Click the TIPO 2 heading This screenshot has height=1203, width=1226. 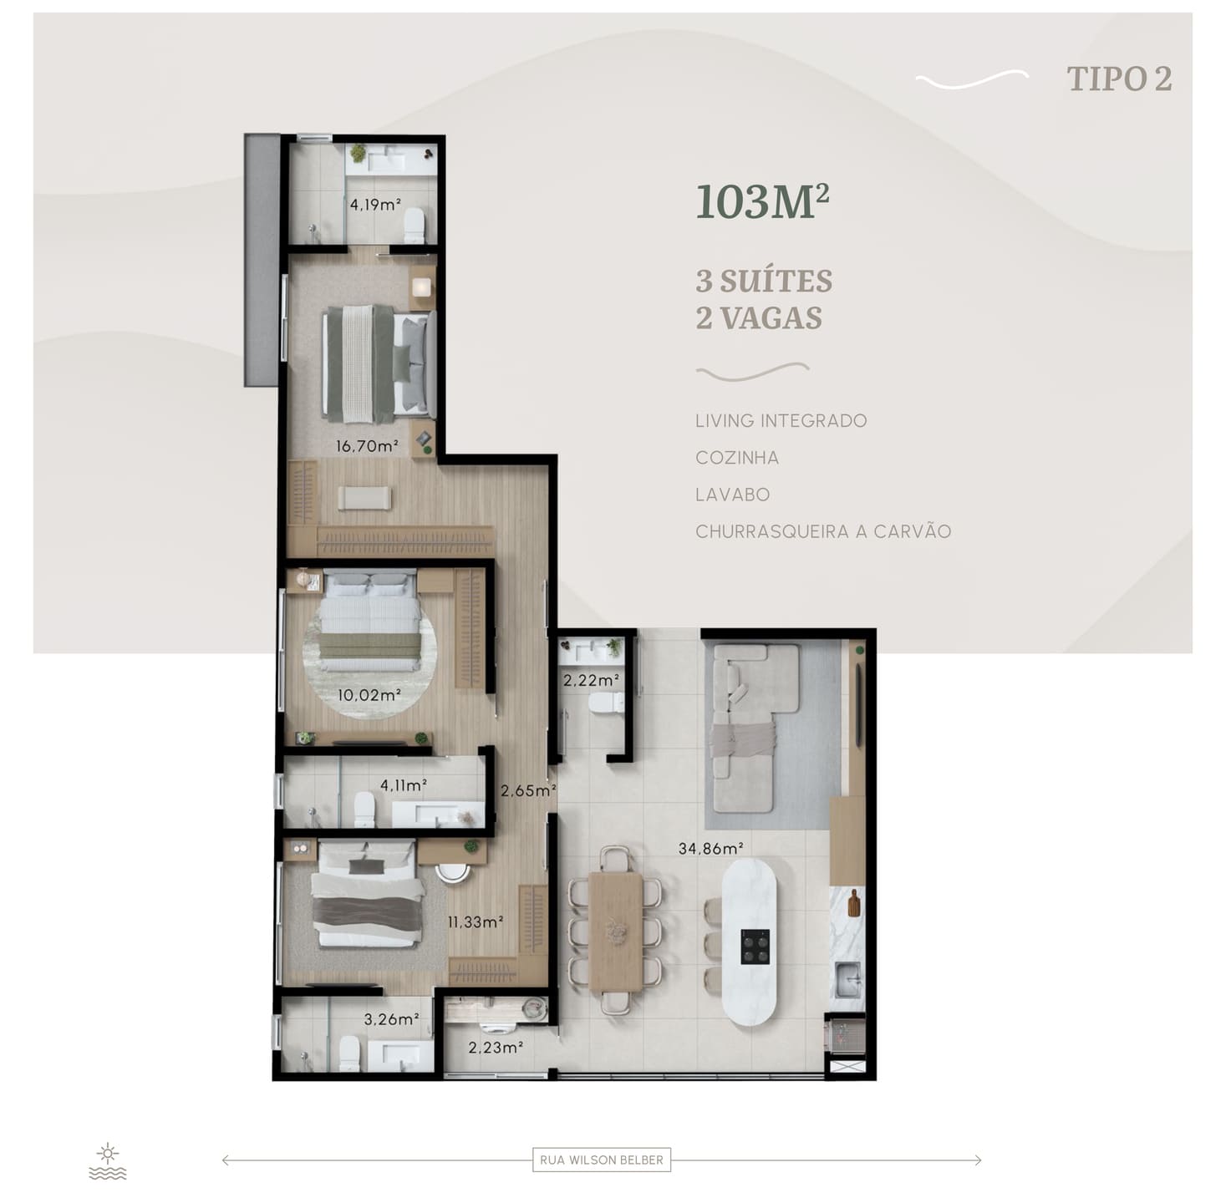click(1118, 79)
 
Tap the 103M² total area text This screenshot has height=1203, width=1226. click(762, 201)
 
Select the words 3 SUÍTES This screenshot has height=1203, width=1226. click(764, 282)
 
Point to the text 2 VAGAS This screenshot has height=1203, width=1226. click(758, 317)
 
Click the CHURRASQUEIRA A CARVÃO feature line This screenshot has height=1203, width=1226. click(822, 531)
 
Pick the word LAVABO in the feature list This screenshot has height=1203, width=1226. click(732, 495)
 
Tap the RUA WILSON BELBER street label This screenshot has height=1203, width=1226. click(601, 1160)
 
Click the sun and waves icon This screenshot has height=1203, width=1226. click(108, 1162)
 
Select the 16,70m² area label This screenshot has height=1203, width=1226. click(367, 446)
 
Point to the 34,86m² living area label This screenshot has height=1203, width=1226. click(711, 848)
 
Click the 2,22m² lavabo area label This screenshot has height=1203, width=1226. click(591, 680)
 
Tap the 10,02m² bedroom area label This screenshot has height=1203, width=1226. click(369, 695)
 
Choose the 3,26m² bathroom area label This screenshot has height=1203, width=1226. click(391, 1019)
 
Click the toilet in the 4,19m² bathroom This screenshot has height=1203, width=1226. click(415, 226)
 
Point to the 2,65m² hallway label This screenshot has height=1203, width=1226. click(528, 791)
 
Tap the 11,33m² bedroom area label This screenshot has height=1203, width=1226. click(476, 921)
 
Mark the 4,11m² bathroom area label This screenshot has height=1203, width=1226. click(404, 785)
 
